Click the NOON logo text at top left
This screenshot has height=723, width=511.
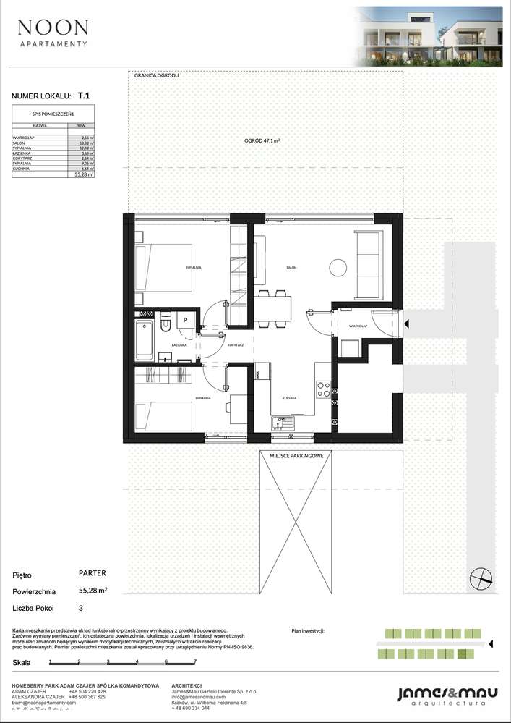(x=53, y=28)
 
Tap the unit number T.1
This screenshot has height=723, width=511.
(x=84, y=95)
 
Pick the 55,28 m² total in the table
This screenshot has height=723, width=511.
(x=85, y=174)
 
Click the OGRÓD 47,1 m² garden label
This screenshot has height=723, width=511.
(x=261, y=142)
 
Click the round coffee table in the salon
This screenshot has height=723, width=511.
(x=338, y=268)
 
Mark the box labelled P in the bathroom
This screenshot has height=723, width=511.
(x=185, y=320)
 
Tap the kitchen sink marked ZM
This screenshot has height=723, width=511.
(x=282, y=421)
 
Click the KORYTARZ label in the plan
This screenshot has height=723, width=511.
(x=234, y=347)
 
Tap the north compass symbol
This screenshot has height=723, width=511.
(x=479, y=577)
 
